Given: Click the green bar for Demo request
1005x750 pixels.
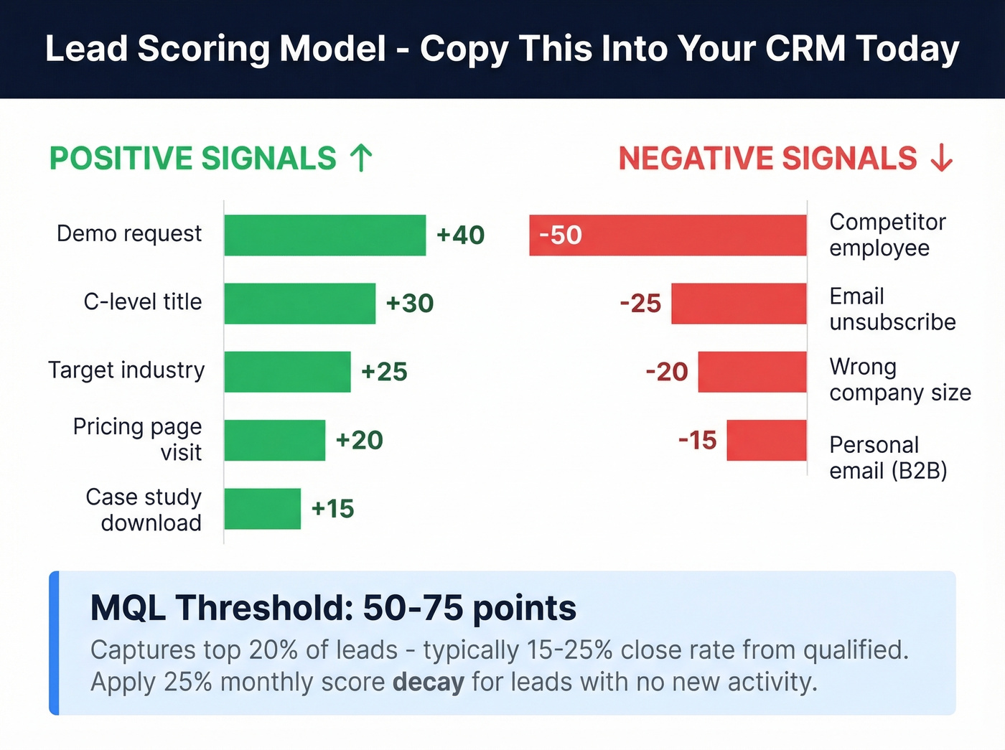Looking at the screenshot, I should (324, 235).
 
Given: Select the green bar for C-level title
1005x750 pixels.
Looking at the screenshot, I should (299, 303).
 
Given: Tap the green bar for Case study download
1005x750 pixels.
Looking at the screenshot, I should (262, 508).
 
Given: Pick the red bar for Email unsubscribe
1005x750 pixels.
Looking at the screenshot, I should (739, 303).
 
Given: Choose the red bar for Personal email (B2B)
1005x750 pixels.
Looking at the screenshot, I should (766, 440).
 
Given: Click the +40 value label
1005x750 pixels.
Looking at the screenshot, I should (460, 235).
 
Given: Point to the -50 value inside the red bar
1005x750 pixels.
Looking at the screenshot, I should (560, 235).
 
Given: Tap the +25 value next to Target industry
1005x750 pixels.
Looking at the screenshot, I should (384, 372).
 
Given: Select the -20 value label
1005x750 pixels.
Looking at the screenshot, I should (666, 372).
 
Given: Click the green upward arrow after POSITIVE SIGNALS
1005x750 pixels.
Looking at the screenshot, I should (361, 158).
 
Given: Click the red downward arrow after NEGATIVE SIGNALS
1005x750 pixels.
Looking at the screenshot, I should (941, 158).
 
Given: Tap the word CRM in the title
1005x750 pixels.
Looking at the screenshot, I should (805, 49).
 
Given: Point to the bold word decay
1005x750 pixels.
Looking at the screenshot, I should (428, 681).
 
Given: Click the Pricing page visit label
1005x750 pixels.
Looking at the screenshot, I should (138, 439).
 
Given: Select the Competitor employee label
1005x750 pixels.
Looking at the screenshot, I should (887, 235).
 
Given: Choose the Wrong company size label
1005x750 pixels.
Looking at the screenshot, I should (899, 380).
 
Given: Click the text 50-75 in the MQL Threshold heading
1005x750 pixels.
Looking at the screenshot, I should (412, 608).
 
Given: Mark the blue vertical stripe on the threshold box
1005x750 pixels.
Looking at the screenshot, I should (54, 643).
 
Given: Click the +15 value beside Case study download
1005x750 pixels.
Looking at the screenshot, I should (332, 508).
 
